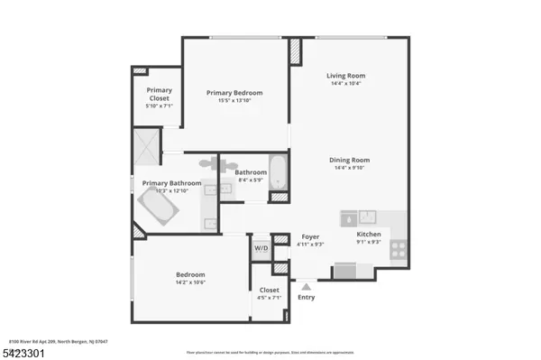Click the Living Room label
pos(345,76)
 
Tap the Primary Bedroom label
pos(234,93)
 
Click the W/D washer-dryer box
pos(261,248)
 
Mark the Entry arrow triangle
pos(307,285)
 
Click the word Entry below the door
pos(307,297)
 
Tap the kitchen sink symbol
pos(369,217)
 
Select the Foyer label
pos(310,237)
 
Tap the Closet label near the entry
pos(269,290)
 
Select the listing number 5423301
pos(22,352)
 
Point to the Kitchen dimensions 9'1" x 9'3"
pos(370,241)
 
